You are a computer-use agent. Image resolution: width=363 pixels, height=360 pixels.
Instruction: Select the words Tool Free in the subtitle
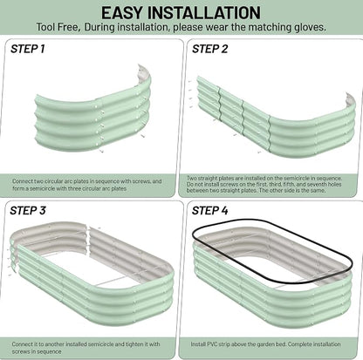pos(58,27)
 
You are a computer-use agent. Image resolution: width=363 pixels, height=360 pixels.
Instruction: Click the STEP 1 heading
pos(28,49)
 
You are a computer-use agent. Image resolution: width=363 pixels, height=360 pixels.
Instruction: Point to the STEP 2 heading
pos(209,49)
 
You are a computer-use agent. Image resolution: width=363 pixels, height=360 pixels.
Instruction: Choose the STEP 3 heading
pos(28,210)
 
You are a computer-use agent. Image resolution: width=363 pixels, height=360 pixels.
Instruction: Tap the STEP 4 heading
pos(209,210)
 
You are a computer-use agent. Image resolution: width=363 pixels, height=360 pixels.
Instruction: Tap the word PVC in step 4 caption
pos(212,344)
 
